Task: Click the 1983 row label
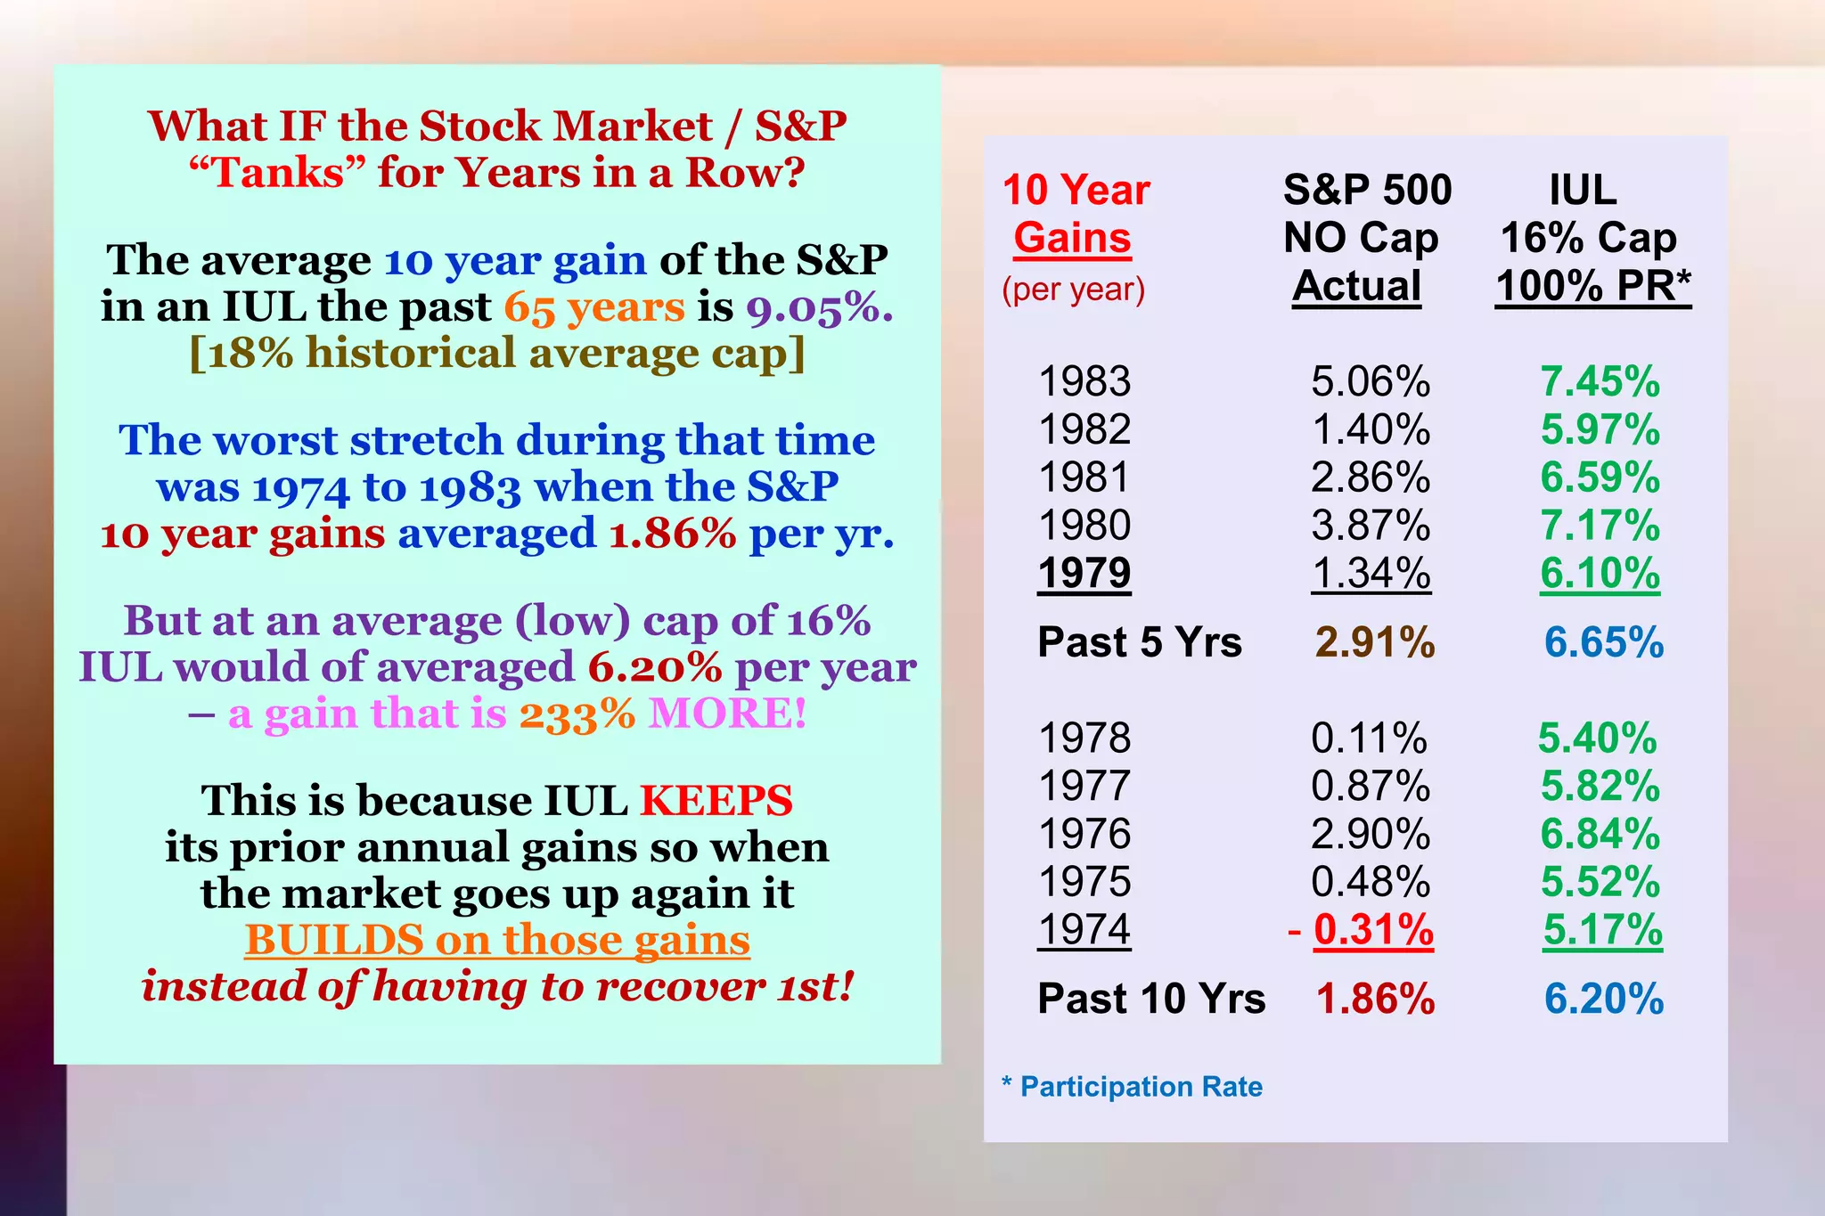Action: pyautogui.click(x=1084, y=382)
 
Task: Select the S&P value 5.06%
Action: pyautogui.click(x=1371, y=382)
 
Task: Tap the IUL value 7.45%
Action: pyautogui.click(x=1600, y=382)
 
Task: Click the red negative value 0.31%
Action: pyautogui.click(x=1373, y=930)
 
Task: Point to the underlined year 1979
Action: pyautogui.click(x=1084, y=574)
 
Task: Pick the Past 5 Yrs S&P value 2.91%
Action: pyautogui.click(x=1375, y=642)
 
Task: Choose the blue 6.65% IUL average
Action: pyautogui.click(x=1604, y=642)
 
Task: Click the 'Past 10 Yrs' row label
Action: pyautogui.click(x=1151, y=999)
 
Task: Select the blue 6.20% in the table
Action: pyautogui.click(x=1604, y=999)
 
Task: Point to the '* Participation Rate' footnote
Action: pyautogui.click(x=1133, y=1087)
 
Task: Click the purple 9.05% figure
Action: pyautogui.click(x=819, y=307)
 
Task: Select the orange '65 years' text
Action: pyautogui.click(x=594, y=307)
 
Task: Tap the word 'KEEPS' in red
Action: pyautogui.click(x=716, y=800)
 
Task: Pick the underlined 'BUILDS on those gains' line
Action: pyautogui.click(x=497, y=940)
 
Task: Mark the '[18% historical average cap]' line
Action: pyautogui.click(x=497, y=353)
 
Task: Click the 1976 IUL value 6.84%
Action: pyautogui.click(x=1600, y=835)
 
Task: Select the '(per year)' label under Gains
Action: pyautogui.click(x=1074, y=290)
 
